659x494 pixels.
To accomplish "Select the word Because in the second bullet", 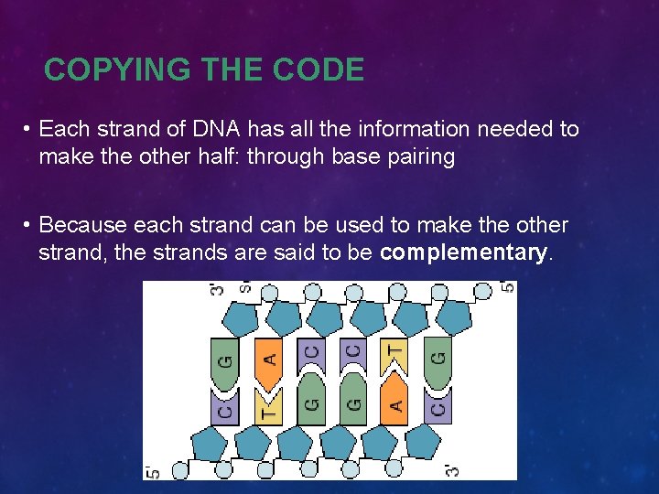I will coord(83,225).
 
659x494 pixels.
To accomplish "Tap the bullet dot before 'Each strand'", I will coord(29,130).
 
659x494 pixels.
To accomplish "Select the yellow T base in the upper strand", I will coord(394,353).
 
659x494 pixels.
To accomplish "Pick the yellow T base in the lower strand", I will coord(268,405).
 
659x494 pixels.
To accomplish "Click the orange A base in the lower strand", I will coord(394,403).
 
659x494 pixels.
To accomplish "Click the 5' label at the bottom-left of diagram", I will coord(153,470).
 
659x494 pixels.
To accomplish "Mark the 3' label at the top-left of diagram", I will coord(217,291).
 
